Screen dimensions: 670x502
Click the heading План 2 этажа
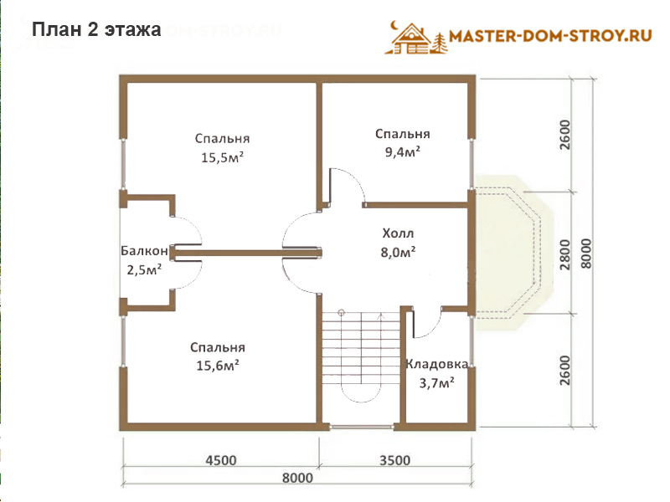pos(96,29)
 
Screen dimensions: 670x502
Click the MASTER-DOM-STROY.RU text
pos(550,36)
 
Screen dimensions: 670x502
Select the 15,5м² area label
pos(222,157)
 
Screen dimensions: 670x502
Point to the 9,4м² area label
pos(403,151)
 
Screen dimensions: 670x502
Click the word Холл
pos(398,233)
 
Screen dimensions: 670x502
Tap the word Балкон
pos(144,250)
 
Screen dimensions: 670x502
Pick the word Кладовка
pos(436,364)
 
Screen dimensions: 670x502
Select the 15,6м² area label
pos(218,366)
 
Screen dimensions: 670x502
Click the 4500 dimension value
pos(221,460)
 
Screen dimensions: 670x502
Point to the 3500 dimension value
pos(394,460)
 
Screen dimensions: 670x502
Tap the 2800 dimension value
pos(564,255)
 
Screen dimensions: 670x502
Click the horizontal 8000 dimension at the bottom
pos(297,478)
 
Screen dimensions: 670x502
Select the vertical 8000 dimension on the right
pos(586,254)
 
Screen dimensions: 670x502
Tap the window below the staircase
pos(362,426)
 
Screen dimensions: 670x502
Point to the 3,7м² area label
pos(436,383)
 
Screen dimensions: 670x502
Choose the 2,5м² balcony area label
pos(144,269)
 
